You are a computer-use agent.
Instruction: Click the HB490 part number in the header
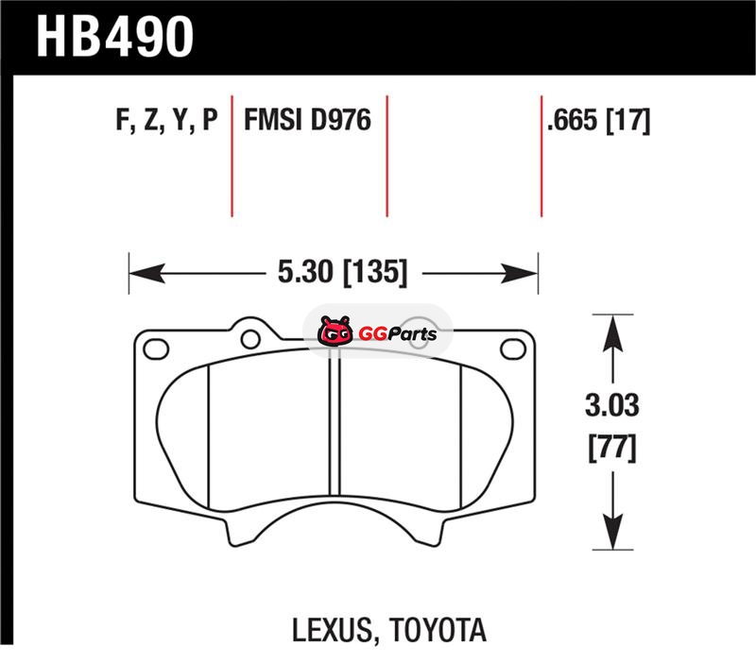(114, 37)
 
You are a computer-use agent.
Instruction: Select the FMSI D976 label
(308, 120)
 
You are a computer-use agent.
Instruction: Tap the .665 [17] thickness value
(598, 121)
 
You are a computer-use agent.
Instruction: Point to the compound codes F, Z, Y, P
(167, 120)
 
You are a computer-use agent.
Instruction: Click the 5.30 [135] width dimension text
(342, 272)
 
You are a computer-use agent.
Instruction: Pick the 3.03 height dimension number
(611, 405)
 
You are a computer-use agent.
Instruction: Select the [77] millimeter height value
(612, 448)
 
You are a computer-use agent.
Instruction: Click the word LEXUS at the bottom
(333, 630)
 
